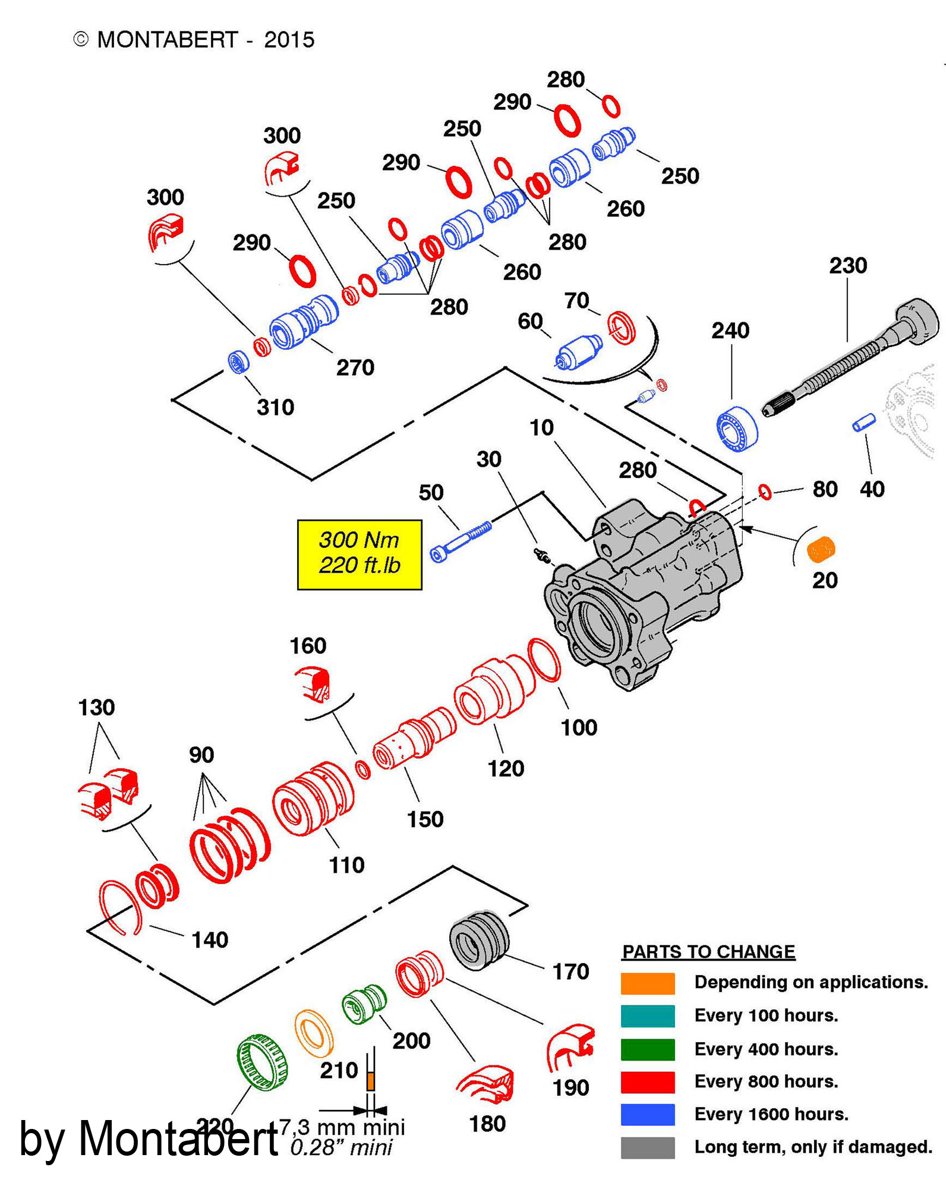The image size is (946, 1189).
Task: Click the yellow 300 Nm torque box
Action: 360,554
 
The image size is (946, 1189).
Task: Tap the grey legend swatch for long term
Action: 647,1147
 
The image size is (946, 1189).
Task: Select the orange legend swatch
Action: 647,983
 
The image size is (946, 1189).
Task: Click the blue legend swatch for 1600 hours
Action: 647,1114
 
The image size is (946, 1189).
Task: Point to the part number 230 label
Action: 848,265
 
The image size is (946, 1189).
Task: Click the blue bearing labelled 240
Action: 737,428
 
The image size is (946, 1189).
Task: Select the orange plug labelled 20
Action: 821,549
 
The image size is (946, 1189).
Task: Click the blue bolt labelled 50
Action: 461,542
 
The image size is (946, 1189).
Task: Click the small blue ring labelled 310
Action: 239,361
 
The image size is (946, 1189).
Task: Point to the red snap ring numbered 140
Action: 119,907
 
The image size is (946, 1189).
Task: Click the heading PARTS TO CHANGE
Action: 708,952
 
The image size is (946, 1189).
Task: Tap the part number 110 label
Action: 346,865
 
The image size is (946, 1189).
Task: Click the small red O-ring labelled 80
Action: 765,492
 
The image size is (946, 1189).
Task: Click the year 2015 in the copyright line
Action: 289,40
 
